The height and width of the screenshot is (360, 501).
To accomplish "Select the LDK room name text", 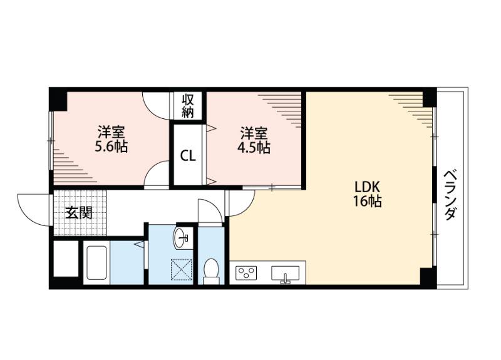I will (x=368, y=187).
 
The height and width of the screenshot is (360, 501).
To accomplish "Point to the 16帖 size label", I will (x=368, y=202).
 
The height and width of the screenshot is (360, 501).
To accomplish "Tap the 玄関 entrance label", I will (x=80, y=213).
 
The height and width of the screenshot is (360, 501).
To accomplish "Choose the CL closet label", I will (x=188, y=156).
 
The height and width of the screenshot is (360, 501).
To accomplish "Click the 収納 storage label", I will (x=188, y=106).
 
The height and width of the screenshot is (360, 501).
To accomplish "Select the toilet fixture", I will (x=212, y=270).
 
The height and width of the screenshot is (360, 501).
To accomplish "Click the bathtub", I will (x=97, y=262).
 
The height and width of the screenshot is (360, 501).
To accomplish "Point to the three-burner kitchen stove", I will (x=246, y=274).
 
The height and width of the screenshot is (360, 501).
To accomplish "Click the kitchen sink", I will (x=286, y=274).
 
